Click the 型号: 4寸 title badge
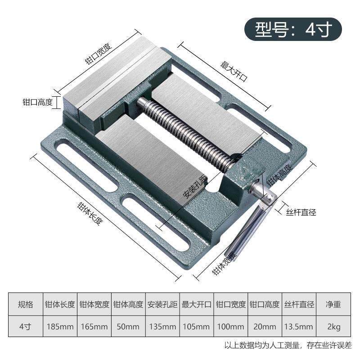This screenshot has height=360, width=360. (x=293, y=29)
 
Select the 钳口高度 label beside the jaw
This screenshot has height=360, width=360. (x=38, y=103)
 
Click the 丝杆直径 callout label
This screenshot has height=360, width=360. (x=301, y=212)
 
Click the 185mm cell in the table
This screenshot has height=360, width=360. (x=60, y=326)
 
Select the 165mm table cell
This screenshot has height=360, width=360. (x=94, y=326)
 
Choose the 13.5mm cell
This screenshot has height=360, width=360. (x=299, y=326)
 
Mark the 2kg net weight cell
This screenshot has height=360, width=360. (x=333, y=326)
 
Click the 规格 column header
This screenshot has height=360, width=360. (x=26, y=305)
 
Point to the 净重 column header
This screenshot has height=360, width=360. (x=333, y=305)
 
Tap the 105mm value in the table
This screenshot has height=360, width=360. (x=197, y=326)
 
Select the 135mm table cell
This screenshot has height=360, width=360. (x=162, y=326)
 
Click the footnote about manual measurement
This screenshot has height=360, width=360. (x=288, y=346)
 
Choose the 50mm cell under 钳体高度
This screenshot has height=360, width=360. (x=128, y=326)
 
